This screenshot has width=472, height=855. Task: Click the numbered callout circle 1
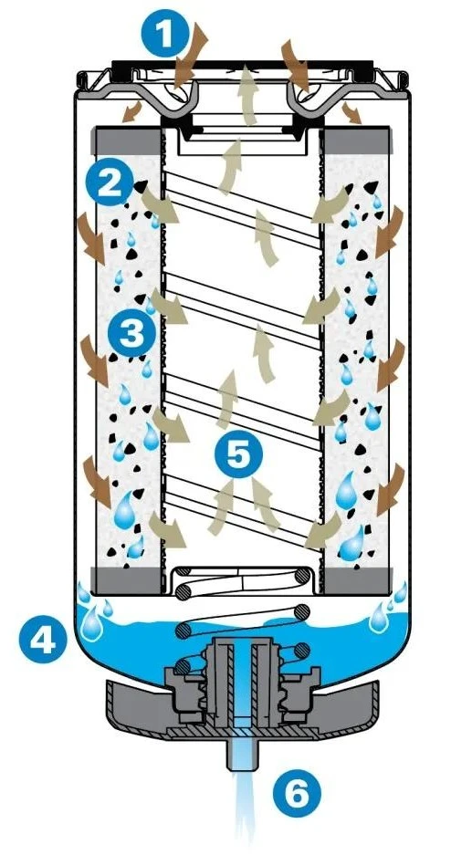click(x=163, y=34)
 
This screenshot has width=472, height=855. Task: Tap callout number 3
click(x=131, y=333)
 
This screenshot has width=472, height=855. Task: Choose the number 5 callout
click(x=238, y=454)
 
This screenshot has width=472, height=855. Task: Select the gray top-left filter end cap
click(x=129, y=141)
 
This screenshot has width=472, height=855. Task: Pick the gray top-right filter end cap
click(x=357, y=141)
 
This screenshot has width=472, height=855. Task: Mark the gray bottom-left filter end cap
click(x=129, y=579)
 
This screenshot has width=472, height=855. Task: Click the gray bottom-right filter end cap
click(x=358, y=579)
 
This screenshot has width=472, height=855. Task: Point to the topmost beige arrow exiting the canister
click(x=249, y=94)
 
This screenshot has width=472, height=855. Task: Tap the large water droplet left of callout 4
click(x=90, y=624)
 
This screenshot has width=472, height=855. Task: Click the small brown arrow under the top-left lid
click(x=131, y=112)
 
